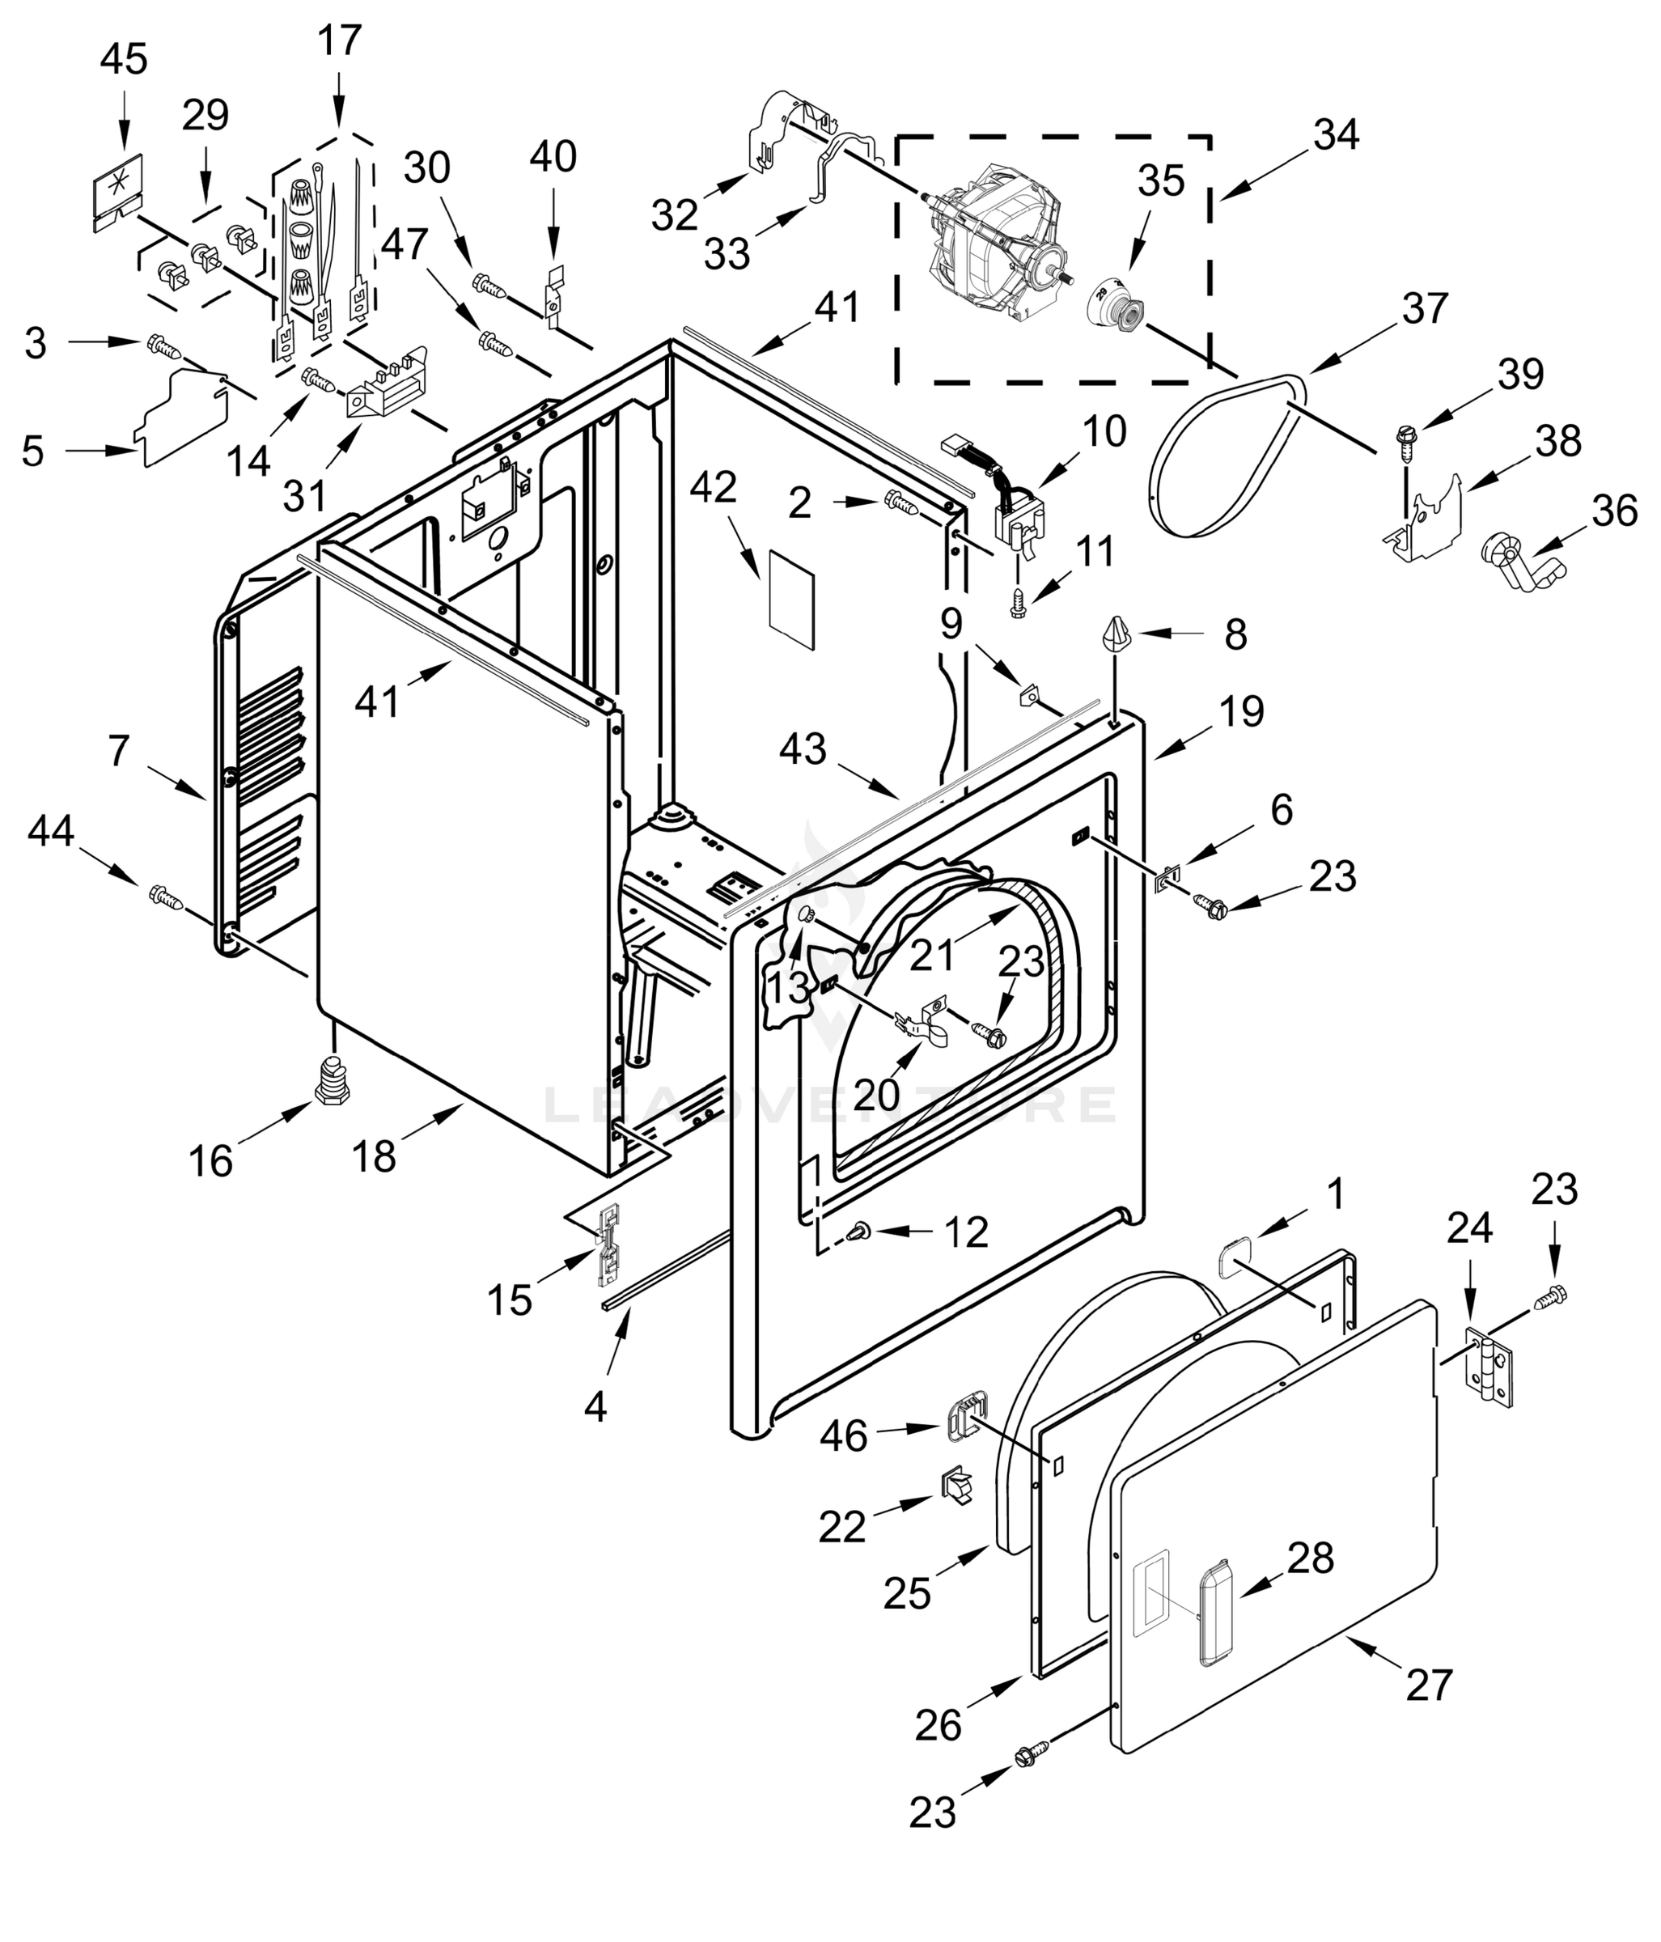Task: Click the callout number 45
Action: coord(124,59)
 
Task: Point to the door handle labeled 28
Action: coord(1217,1614)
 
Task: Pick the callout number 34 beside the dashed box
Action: coord(1336,135)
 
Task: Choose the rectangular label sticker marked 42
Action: coord(791,600)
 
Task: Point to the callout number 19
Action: coord(1242,711)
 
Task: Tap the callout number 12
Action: coord(966,1232)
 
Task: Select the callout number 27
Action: coord(1429,1684)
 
